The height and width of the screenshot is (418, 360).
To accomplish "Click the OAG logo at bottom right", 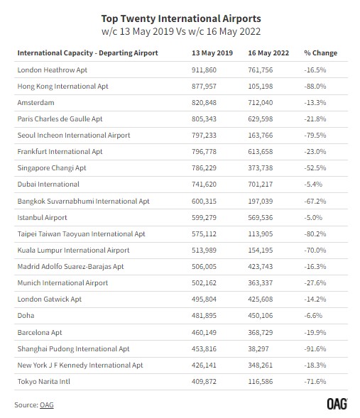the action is click(x=337, y=404).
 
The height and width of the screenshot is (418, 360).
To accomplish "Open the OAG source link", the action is click(x=47, y=405).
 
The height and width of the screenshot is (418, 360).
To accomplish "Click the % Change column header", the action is click(x=320, y=53).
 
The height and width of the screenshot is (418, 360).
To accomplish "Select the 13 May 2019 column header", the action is click(x=212, y=53).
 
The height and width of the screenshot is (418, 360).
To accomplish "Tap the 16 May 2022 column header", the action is click(x=268, y=53).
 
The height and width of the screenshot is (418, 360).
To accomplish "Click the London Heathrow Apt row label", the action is click(x=53, y=70).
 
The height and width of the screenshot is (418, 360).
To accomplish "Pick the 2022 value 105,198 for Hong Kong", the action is click(x=261, y=87).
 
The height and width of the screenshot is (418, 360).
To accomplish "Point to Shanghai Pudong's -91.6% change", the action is click(x=315, y=348).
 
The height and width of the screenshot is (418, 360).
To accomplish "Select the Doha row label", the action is click(x=26, y=316).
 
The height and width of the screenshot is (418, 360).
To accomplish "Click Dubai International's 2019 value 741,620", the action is click(x=204, y=185).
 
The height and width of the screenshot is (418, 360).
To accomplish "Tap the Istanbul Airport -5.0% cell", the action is click(x=313, y=218).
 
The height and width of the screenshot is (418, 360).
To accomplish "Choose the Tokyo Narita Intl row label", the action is click(x=44, y=382).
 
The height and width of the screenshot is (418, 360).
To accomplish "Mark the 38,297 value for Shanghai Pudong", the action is click(x=258, y=348).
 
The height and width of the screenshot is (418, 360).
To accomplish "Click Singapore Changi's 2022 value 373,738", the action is click(x=261, y=168).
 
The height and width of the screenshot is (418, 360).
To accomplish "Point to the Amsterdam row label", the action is click(x=36, y=103).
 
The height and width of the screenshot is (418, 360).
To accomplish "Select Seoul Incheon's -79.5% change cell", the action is click(x=315, y=135).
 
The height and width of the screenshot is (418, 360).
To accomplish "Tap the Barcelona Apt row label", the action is click(x=40, y=332).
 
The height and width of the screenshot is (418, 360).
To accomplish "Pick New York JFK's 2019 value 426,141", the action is click(x=204, y=365).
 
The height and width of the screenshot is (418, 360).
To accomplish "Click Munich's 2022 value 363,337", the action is click(x=261, y=283).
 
